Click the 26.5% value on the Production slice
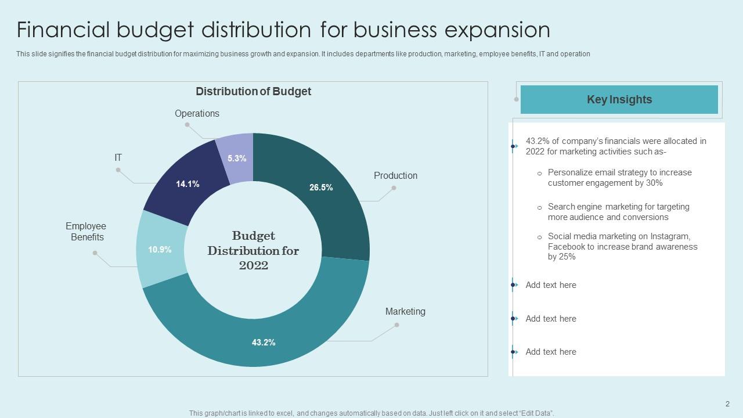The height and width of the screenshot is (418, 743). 321,188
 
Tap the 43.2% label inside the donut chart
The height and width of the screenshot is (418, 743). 264,343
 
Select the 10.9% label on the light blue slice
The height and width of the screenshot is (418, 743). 160,250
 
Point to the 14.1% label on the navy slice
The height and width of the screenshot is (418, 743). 187,184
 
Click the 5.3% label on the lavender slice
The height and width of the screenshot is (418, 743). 237,158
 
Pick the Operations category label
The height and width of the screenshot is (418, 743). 197,114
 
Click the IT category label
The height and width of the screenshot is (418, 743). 118,158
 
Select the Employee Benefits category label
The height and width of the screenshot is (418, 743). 86,232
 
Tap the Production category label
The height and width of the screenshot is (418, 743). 395,176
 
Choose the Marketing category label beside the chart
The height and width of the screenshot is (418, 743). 405,312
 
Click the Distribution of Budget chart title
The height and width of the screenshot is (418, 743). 253,92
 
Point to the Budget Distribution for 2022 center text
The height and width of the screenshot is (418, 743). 253,251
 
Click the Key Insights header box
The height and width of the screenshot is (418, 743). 619,100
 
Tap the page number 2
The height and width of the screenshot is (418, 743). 727,404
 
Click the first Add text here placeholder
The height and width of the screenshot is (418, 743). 551,285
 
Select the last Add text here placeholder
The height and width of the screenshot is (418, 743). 551,352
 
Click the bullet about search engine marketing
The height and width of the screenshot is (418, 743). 618,212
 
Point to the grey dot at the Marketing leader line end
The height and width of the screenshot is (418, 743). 397,325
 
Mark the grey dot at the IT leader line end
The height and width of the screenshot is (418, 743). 118,170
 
